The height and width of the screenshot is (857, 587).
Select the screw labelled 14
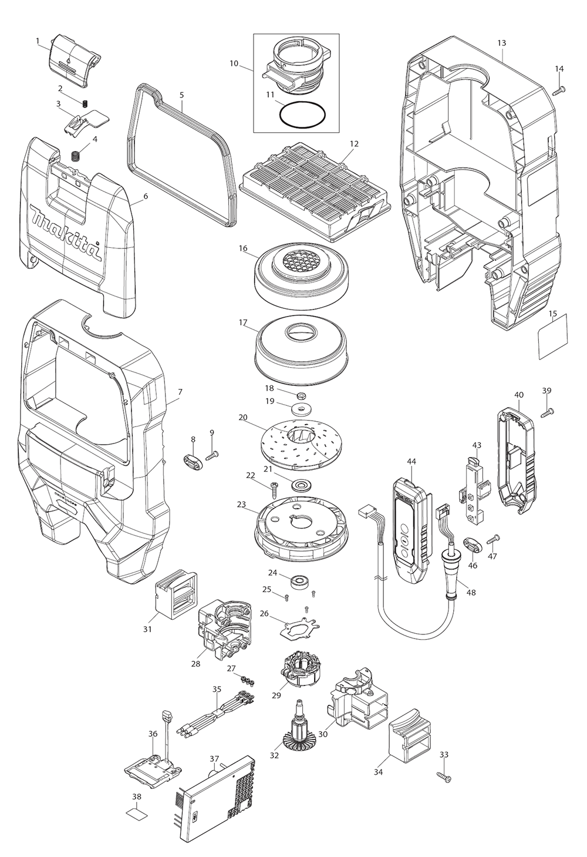[559, 89]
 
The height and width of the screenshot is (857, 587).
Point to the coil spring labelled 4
[75, 156]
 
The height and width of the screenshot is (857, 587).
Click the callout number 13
[501, 43]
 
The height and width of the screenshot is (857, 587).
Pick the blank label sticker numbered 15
[554, 336]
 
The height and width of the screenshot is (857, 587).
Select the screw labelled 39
[549, 412]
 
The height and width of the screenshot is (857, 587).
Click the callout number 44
[411, 462]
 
